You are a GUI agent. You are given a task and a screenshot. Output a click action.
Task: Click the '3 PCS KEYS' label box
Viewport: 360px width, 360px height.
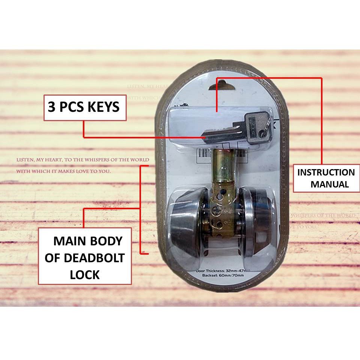tap(85, 107)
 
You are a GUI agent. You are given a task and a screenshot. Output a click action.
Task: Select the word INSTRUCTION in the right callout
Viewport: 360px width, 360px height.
tap(326, 172)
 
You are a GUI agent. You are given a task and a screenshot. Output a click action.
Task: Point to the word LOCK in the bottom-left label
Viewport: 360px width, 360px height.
tap(85, 274)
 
